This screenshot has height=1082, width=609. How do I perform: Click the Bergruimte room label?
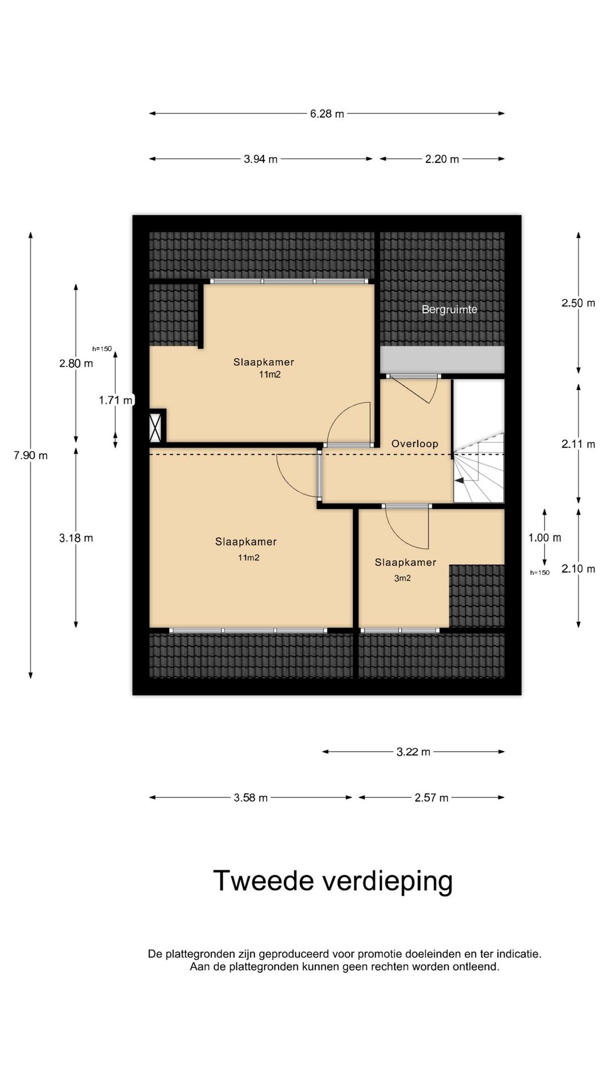(x=449, y=309)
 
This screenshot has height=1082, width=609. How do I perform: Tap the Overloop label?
(x=414, y=444)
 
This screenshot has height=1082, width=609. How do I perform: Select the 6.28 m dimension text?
(x=327, y=114)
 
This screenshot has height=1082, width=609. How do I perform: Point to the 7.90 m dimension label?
(x=31, y=455)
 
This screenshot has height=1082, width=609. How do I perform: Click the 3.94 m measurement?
(x=261, y=159)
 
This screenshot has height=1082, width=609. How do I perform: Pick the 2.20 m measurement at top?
(x=442, y=159)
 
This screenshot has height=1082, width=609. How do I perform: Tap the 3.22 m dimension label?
(x=413, y=752)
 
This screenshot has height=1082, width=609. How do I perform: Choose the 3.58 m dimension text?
(x=251, y=798)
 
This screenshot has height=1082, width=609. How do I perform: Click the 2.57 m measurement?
(x=431, y=798)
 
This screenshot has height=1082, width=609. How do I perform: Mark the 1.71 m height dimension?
(x=116, y=400)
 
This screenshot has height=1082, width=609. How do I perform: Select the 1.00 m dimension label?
(x=545, y=538)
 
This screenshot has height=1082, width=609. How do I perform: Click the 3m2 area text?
(x=402, y=578)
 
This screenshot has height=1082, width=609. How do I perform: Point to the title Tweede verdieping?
(x=333, y=881)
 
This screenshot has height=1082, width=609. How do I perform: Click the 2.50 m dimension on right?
(x=578, y=303)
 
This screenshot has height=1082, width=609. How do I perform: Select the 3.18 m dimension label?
(x=76, y=538)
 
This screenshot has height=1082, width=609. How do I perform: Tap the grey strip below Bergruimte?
(x=442, y=360)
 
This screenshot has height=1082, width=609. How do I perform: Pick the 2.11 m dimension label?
(x=578, y=444)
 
